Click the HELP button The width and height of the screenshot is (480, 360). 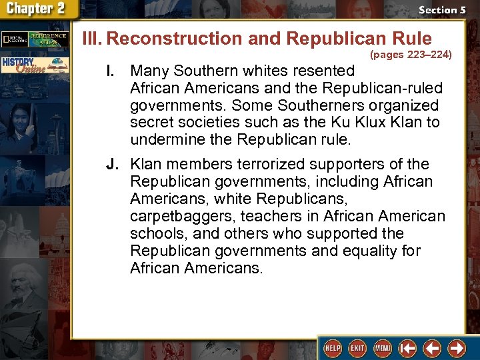pos(332,348)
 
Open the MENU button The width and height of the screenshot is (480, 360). pos(383,348)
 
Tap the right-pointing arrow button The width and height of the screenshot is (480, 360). pos(457,348)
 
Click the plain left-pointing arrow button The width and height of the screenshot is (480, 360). pos(433,348)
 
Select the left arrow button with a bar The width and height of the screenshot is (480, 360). pos(407,348)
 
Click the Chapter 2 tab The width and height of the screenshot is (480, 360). pos(39,9)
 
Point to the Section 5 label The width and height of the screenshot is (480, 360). pos(441,10)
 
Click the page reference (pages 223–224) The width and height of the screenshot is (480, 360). pos(411,55)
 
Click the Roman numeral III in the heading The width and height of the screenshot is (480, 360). pos(92,38)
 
